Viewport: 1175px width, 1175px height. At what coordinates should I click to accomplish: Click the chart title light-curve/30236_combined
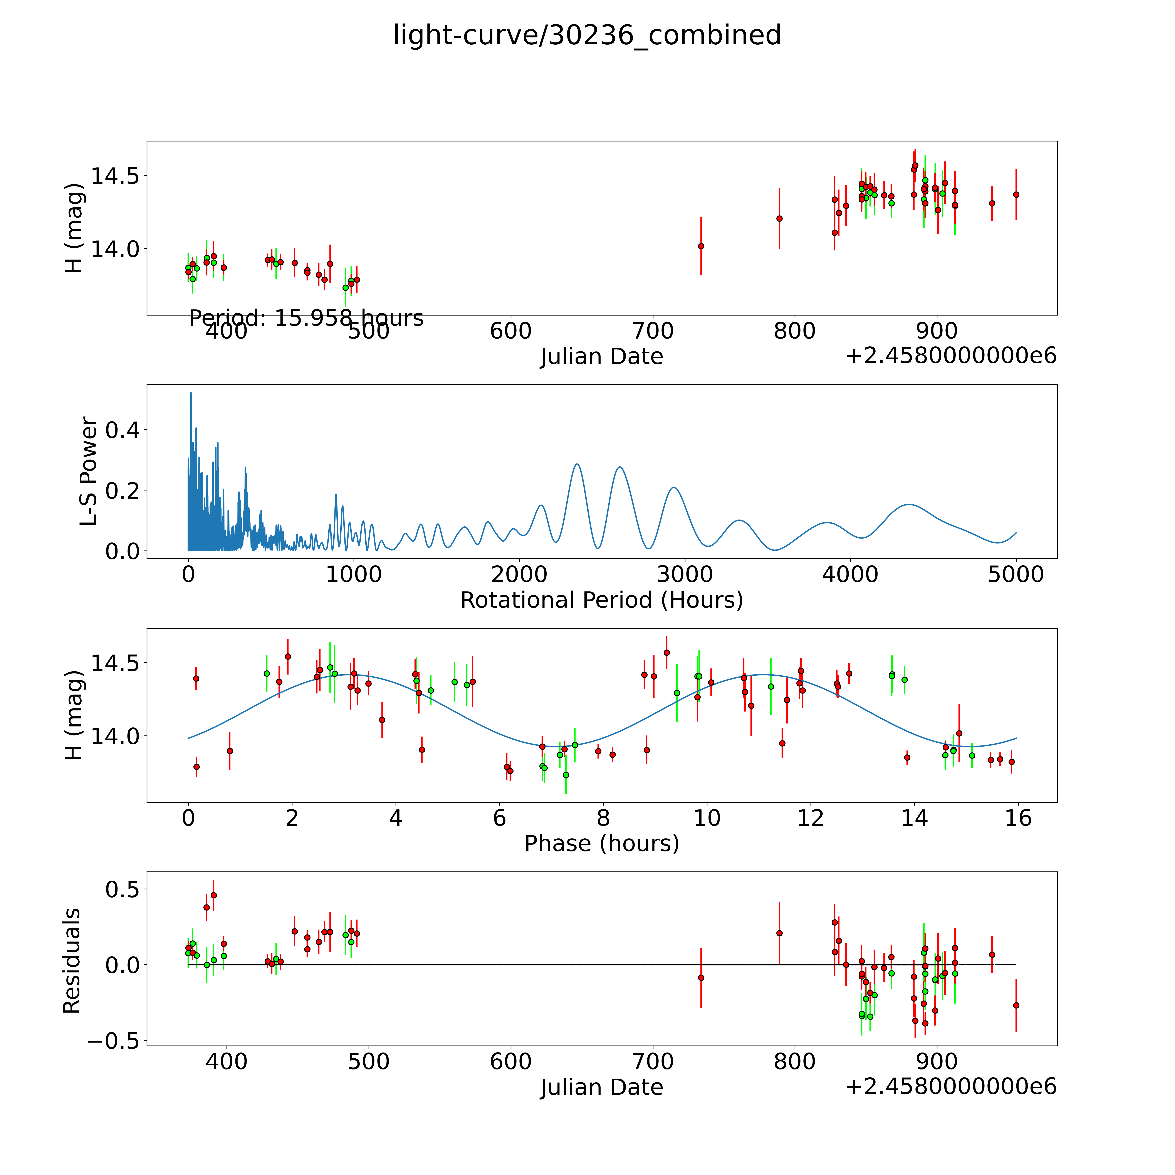pyautogui.click(x=587, y=35)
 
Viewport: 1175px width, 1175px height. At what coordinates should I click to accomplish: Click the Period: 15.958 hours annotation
pyautogui.click(x=306, y=318)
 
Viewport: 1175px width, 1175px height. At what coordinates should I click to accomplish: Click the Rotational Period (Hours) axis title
pyautogui.click(x=601, y=600)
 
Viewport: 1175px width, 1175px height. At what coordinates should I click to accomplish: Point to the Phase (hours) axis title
pyautogui.click(x=601, y=844)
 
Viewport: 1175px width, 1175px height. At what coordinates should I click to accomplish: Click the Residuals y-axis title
pyautogui.click(x=72, y=961)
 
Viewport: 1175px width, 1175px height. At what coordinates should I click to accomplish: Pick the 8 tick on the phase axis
pyautogui.click(x=603, y=818)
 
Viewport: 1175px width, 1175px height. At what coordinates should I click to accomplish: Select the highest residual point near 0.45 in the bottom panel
pyautogui.click(x=213, y=895)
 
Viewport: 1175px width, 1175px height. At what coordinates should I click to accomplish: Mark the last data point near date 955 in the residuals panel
pyautogui.click(x=1016, y=1005)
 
